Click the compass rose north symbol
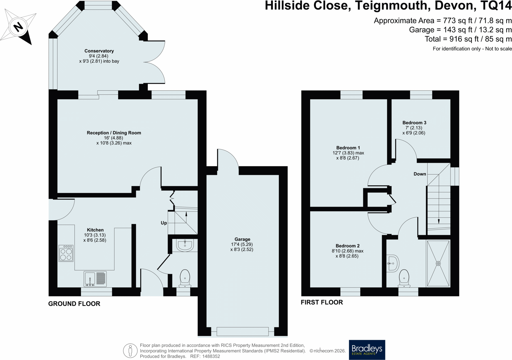click(18, 27)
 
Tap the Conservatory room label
click(99, 51)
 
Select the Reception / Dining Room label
click(114, 133)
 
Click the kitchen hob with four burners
click(66, 253)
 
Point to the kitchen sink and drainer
click(95, 279)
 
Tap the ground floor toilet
click(185, 278)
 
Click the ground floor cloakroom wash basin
click(185, 245)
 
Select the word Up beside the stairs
click(164, 223)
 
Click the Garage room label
click(242, 239)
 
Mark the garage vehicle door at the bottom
click(243, 331)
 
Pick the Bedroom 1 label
click(348, 148)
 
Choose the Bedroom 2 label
click(347, 246)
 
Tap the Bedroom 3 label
click(414, 123)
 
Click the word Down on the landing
click(420, 174)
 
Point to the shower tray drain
click(438, 263)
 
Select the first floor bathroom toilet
click(404, 278)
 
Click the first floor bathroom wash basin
click(393, 263)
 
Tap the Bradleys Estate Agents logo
click(367, 350)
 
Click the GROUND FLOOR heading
click(74, 304)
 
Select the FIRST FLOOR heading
click(322, 302)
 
